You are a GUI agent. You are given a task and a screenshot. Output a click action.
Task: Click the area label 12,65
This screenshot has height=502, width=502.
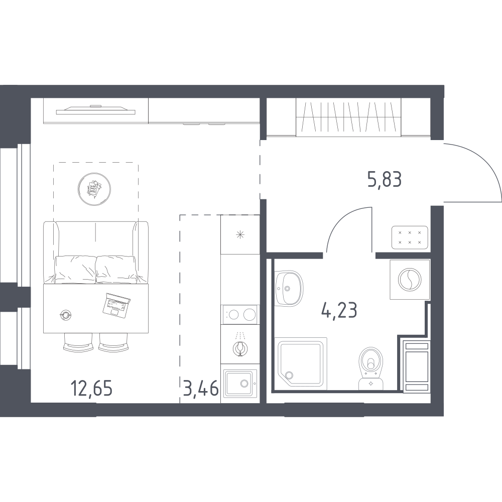point(91,389)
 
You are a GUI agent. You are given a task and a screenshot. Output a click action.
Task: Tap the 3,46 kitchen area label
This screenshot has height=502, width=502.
point(201,389)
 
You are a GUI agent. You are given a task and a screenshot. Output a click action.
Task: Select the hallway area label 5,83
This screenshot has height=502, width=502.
point(385,179)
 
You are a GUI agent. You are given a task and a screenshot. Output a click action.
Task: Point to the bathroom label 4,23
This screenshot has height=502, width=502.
point(339,310)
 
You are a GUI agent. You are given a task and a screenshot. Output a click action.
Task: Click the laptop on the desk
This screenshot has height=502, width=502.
point(116,305)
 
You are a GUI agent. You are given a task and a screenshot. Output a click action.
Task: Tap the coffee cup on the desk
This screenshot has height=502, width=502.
point(66,315)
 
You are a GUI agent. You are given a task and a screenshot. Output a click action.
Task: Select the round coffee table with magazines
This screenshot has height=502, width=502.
point(94,189)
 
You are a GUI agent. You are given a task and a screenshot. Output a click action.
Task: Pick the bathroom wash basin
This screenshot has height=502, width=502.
point(289,288)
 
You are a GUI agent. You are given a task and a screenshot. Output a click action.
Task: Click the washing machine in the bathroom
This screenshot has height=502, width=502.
point(410,280)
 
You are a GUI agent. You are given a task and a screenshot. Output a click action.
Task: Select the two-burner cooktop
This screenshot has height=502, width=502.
point(240,315)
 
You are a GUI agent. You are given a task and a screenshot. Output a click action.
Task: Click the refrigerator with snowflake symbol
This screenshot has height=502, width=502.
point(240,234)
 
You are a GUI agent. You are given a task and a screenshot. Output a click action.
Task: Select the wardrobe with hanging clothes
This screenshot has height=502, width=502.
point(348,117)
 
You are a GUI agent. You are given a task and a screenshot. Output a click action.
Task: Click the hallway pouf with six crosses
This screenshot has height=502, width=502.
point(410,237)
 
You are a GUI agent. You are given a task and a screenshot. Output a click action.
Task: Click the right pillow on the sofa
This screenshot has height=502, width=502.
point(117,269)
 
